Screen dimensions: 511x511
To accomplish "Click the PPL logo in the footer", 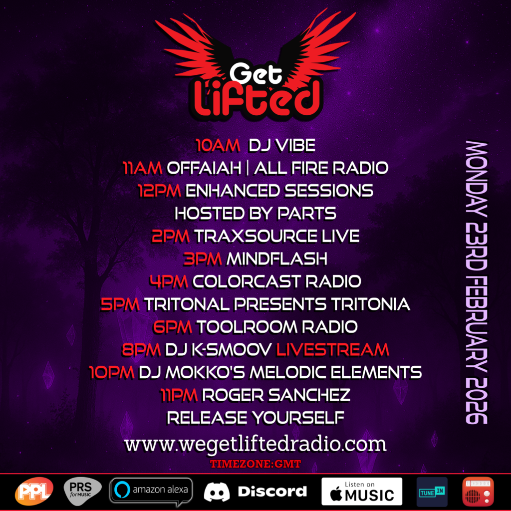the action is tap(34, 491).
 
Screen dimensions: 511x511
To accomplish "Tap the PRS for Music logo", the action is tap(82, 491).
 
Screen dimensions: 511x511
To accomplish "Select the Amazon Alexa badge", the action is tap(151, 491).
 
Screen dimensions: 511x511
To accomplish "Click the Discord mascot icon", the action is tap(217, 492).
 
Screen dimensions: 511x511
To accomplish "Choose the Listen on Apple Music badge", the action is tap(362, 491).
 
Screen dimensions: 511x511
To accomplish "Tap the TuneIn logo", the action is tap(432, 492).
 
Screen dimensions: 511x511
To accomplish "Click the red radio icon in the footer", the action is tap(478, 492).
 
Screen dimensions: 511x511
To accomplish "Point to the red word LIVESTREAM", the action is tap(333, 350).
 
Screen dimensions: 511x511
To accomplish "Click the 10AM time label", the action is tap(218, 145).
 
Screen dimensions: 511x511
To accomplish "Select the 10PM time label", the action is tap(112, 372).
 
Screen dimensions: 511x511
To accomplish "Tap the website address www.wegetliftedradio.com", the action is tap(255, 444).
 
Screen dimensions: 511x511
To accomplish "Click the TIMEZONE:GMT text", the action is tap(255, 464).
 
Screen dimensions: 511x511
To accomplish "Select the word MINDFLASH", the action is tap(276, 259).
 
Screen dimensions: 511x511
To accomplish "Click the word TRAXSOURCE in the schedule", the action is tap(256, 236).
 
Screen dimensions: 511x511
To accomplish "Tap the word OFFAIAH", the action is tap(204, 168).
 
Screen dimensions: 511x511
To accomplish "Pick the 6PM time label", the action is tap(173, 327).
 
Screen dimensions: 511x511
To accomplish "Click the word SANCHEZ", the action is tap(309, 395).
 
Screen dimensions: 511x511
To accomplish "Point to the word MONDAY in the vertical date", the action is tap(477, 179).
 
